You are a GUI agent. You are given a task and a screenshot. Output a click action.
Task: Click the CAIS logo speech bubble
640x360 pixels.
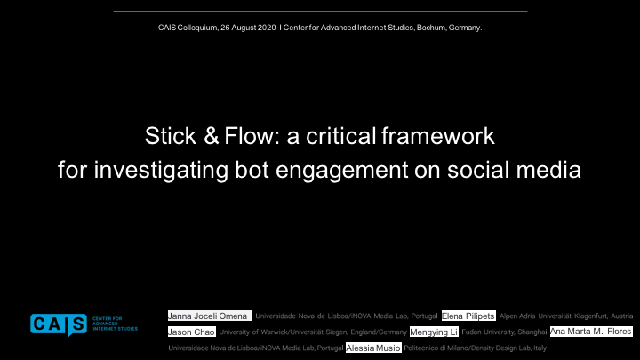click(59, 325)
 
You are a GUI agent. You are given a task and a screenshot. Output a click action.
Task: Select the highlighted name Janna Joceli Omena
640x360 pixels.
click(210, 316)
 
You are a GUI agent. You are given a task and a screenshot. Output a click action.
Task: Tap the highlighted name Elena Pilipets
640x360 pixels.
click(468, 316)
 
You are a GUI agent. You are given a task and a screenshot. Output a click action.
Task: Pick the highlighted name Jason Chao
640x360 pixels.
click(192, 332)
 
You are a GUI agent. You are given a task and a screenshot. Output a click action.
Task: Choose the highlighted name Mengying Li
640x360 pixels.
click(434, 332)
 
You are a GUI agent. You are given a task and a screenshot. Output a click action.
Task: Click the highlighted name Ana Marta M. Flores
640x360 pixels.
click(591, 332)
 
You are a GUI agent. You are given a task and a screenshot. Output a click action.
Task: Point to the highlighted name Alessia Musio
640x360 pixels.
click(373, 348)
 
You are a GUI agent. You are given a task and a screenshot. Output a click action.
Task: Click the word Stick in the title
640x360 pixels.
click(171, 136)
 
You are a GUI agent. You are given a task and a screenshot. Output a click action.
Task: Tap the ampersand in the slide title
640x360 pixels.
click(211, 136)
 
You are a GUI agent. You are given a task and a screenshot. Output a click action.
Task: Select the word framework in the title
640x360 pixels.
click(438, 136)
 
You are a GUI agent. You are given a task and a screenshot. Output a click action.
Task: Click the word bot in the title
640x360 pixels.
click(252, 170)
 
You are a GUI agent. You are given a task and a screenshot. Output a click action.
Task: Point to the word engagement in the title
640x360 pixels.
click(341, 171)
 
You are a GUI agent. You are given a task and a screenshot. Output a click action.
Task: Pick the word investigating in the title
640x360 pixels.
click(161, 171)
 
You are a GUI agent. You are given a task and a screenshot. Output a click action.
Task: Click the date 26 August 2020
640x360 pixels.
click(248, 28)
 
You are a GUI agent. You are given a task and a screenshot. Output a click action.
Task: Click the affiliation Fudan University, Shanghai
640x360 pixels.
click(504, 332)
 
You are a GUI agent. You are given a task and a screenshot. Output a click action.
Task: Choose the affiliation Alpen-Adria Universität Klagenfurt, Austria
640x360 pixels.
click(566, 316)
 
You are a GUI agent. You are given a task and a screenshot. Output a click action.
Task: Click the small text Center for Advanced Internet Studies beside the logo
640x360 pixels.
click(115, 324)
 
